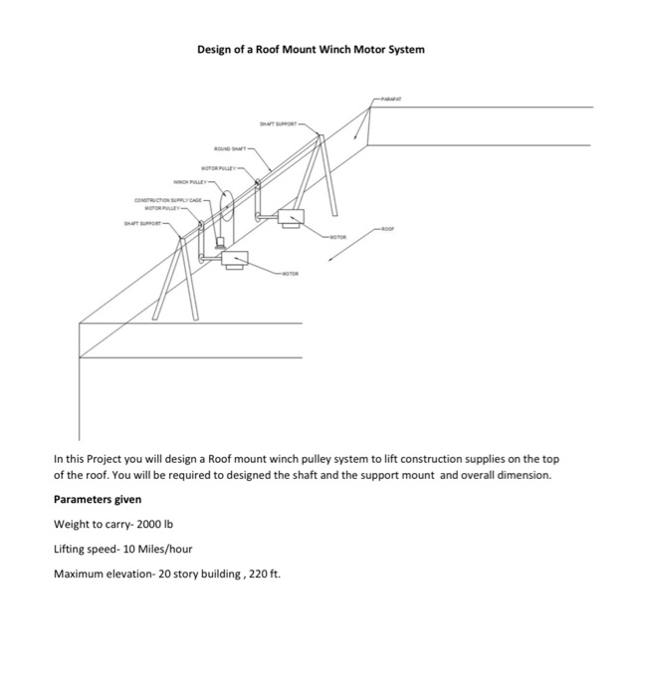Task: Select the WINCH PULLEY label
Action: pos(189,184)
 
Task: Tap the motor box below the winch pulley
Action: pos(237,260)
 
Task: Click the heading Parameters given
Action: pos(98,499)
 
